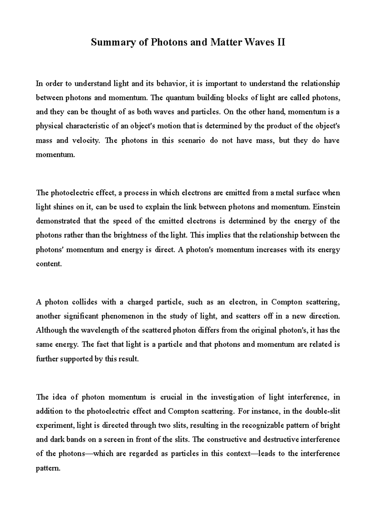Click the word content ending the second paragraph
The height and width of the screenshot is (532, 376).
pyautogui.click(x=49, y=264)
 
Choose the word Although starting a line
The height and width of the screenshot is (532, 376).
pyautogui.click(x=51, y=330)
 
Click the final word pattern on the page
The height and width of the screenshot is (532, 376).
pyautogui.click(x=47, y=468)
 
